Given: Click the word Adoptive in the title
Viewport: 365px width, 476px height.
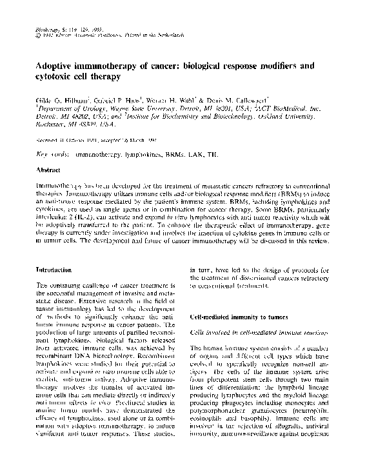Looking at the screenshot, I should [x=55, y=66].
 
